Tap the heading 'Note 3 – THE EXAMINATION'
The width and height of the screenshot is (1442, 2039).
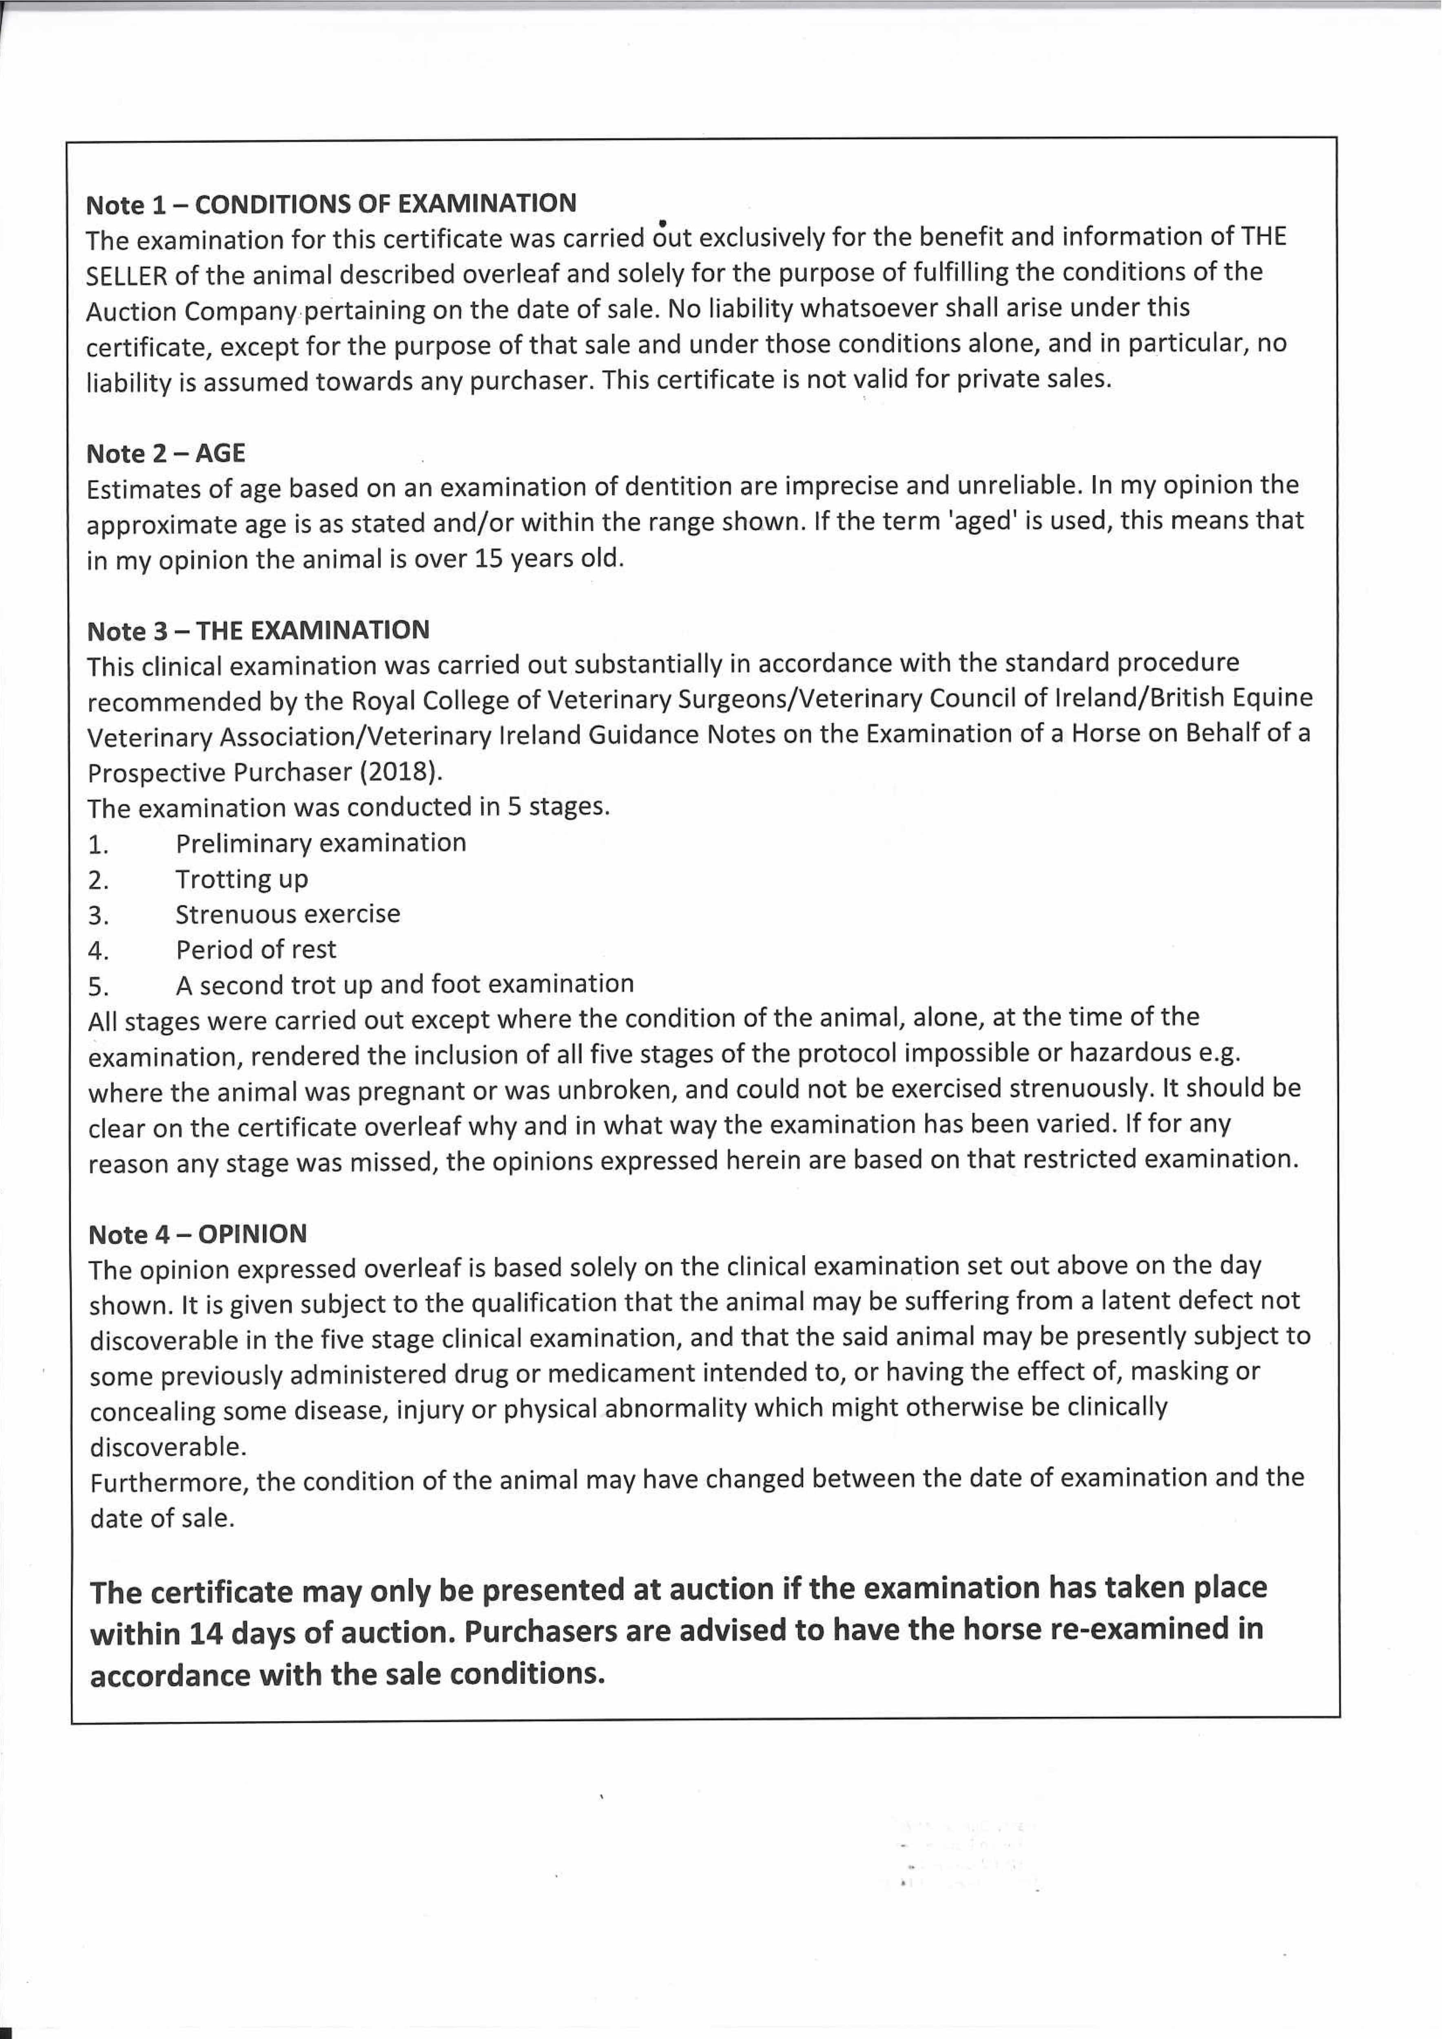tap(258, 630)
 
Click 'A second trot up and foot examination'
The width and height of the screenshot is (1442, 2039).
tap(404, 984)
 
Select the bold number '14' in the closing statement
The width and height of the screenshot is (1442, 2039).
tap(206, 1632)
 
